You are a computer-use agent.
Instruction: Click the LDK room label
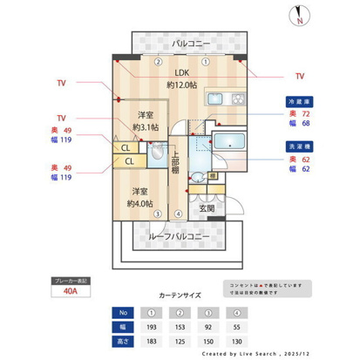point(180,73)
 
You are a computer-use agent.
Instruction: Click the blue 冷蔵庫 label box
point(297,101)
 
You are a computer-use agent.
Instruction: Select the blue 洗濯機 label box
point(297,146)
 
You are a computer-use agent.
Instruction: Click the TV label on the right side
point(301,76)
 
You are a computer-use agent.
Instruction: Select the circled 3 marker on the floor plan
point(156,214)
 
